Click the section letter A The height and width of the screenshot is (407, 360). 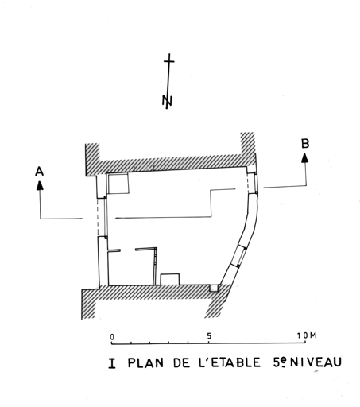pos(39,172)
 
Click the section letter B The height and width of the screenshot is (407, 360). pos(305,143)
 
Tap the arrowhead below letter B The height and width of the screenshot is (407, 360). pos(305,158)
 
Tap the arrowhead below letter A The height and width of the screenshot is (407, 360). pos(40,185)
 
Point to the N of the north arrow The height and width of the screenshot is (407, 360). pos(167,100)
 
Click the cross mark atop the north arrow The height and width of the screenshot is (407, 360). pos(169,61)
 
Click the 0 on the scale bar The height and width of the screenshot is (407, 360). pos(112,337)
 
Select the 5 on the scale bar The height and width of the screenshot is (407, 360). pos(209,336)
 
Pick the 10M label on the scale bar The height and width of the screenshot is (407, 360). pos(307,335)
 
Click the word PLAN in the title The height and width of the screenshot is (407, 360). pos(145,362)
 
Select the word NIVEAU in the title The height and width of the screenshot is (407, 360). pos(315,362)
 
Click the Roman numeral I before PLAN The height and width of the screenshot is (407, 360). pos(112,363)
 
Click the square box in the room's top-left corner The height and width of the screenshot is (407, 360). pos(118,184)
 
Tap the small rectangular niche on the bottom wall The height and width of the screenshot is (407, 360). pos(170,279)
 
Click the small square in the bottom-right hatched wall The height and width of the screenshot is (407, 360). pos(214,289)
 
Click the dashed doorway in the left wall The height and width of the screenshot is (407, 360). pos(101,217)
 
